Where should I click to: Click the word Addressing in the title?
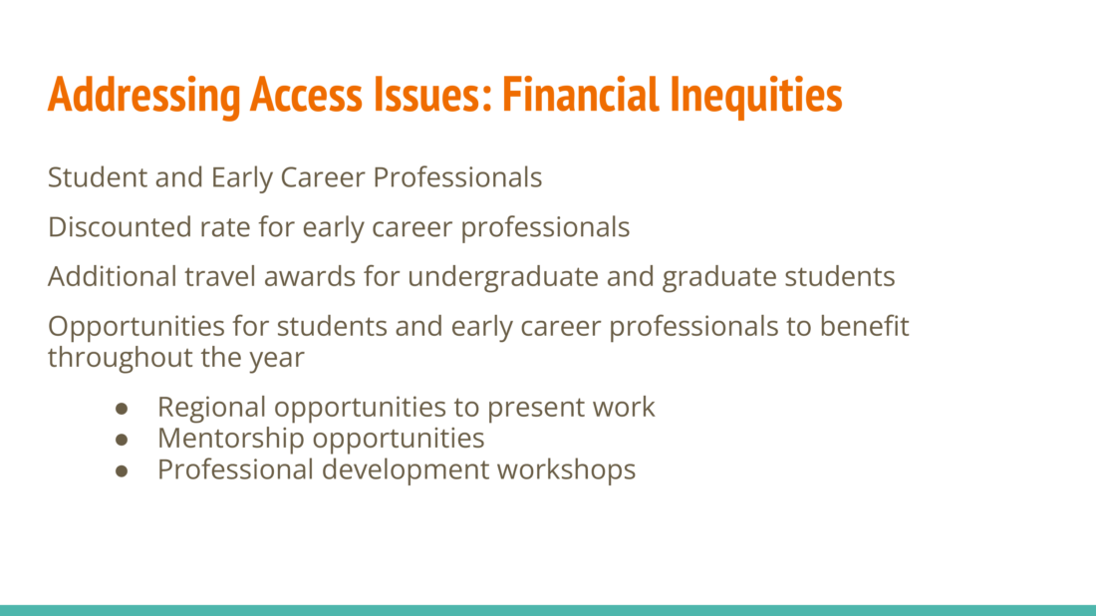(x=144, y=95)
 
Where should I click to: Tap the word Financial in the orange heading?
(x=580, y=95)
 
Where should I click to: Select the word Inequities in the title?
(x=755, y=96)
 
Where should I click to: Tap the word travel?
(x=219, y=277)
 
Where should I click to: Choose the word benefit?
(x=865, y=327)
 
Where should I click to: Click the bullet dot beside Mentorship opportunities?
(x=122, y=440)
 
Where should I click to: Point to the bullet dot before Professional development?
(x=122, y=471)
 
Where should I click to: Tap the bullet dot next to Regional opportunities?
(x=122, y=409)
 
